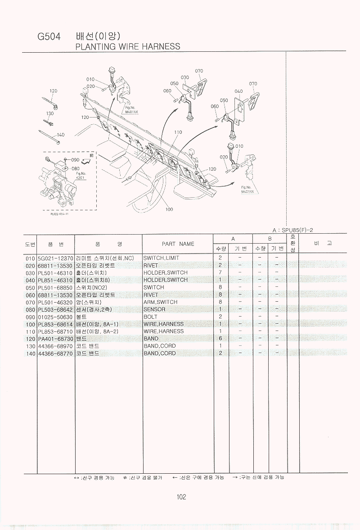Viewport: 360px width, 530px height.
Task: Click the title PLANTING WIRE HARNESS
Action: pyautogui.click(x=127, y=46)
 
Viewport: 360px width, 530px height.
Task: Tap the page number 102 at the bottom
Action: pyautogui.click(x=181, y=497)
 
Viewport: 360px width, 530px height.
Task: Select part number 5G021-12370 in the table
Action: pyautogui.click(x=55, y=258)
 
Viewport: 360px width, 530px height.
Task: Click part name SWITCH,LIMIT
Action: pyautogui.click(x=161, y=258)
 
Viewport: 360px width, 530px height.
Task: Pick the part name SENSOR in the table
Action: pyautogui.click(x=154, y=309)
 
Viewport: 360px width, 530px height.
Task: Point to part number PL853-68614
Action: pyautogui.click(x=55, y=324)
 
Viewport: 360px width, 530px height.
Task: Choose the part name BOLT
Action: pyautogui.click(x=150, y=317)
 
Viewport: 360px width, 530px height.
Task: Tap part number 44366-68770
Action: pyautogui.click(x=55, y=353)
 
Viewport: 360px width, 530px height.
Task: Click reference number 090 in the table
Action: pyautogui.click(x=30, y=317)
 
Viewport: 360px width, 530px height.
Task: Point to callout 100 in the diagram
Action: pyautogui.click(x=169, y=209)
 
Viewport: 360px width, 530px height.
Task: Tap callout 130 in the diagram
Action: pyautogui.click(x=49, y=113)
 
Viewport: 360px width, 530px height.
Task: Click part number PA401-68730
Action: pyautogui.click(x=55, y=339)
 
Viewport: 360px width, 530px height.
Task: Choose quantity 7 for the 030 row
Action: pyautogui.click(x=220, y=273)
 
